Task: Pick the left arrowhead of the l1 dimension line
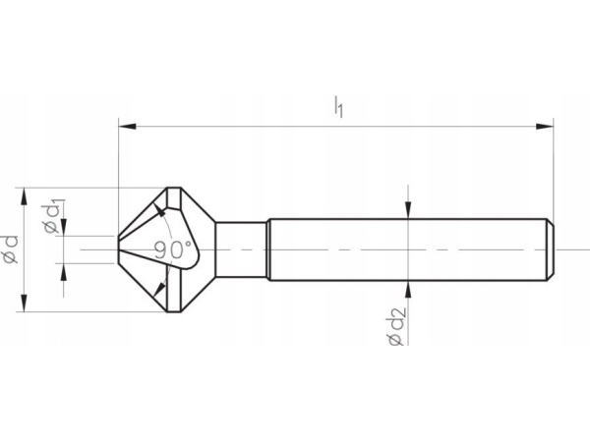coord(125,125)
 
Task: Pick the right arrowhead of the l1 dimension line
coord(546,125)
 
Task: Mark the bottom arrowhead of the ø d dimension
coord(24,306)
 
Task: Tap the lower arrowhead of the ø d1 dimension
coord(64,271)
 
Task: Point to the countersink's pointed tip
coord(118,249)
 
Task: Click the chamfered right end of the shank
coord(551,249)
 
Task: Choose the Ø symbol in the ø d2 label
coord(395,339)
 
